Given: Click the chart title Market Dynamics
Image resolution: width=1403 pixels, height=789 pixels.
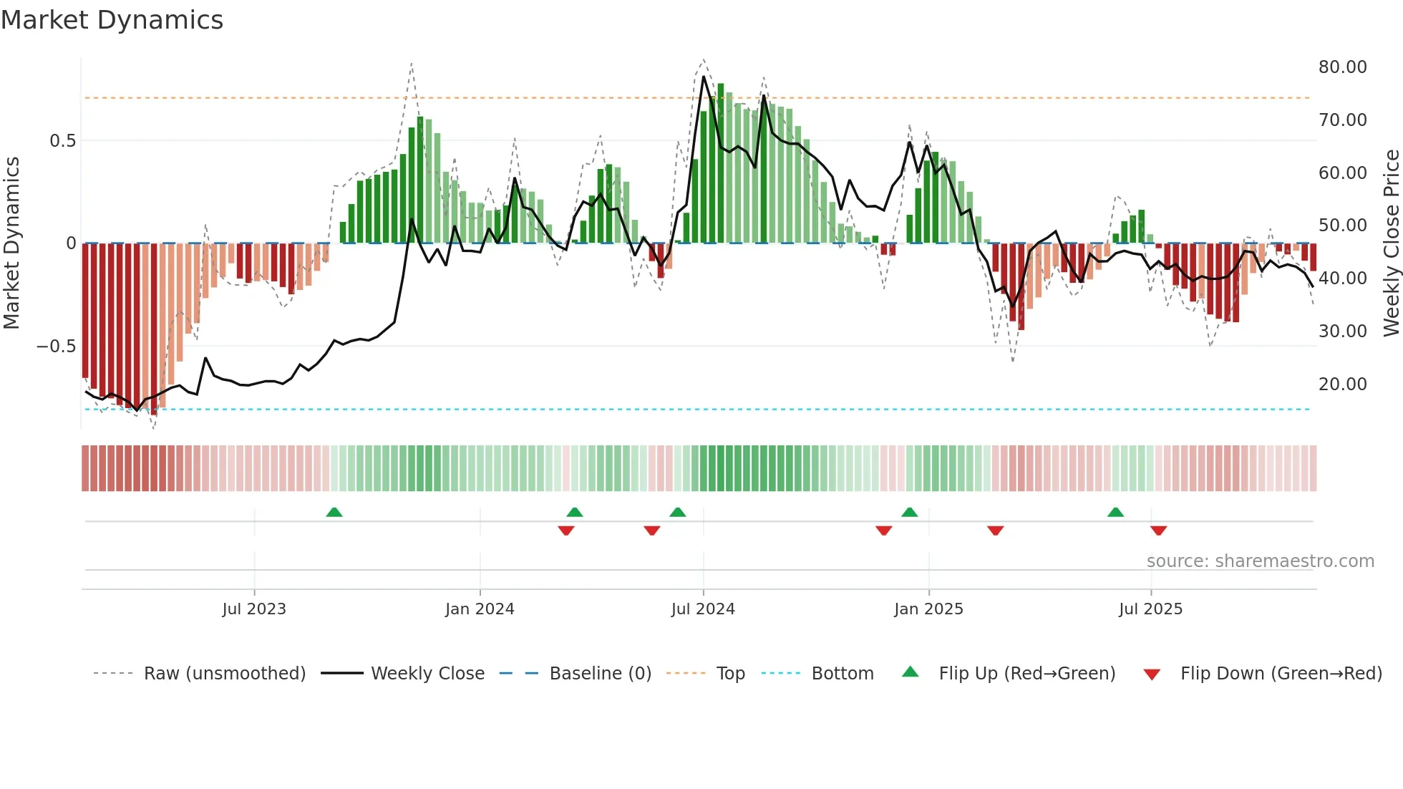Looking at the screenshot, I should coord(112,20).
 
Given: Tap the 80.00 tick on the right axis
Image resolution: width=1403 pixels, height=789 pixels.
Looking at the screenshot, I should coord(1342,67).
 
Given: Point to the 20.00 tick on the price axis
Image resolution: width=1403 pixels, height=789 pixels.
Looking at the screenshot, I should coord(1342,384).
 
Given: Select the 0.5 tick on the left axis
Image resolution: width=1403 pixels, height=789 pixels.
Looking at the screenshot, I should coord(62,141).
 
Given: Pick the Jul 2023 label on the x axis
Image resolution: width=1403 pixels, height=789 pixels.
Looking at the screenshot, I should coord(254,609).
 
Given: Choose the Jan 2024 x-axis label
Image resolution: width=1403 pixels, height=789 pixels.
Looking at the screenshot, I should coord(480,609).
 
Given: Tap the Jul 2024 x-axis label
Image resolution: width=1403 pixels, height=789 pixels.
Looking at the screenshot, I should coord(703,609).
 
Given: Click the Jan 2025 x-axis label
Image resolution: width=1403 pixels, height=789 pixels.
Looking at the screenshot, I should coord(928,609).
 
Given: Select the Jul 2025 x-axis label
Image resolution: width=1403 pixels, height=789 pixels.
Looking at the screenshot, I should coord(1150,609).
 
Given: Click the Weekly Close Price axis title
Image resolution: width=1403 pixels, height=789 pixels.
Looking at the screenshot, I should coord(1392,243).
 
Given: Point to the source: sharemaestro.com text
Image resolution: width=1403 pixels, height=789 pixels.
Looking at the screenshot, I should coord(1260,561).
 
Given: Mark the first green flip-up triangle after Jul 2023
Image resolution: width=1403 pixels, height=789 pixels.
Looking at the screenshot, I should coord(334,512).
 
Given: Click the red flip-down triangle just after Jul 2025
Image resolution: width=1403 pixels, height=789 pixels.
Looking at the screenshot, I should coord(1159,531).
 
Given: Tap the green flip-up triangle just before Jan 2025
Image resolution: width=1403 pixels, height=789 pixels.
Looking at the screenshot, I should coord(910,512).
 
